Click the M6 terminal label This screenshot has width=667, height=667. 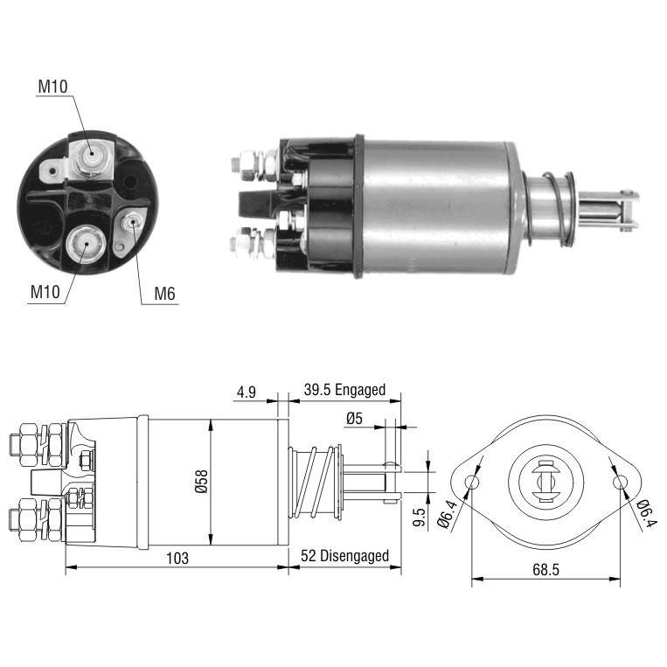(164, 294)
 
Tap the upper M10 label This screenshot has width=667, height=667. (52, 87)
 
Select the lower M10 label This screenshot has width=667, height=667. (45, 292)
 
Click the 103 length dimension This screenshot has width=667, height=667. (177, 558)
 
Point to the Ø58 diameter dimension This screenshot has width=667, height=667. (201, 482)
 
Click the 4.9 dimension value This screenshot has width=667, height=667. (247, 392)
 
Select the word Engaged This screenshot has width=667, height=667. (360, 390)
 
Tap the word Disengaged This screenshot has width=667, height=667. (354, 556)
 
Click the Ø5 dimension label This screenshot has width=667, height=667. (354, 419)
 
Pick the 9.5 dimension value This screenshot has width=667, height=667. (420, 518)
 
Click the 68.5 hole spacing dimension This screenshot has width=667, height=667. (545, 570)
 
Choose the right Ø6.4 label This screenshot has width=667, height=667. (646, 513)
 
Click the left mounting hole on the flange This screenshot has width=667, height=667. (472, 483)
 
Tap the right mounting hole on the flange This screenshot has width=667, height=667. (620, 483)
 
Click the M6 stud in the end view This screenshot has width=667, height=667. (131, 222)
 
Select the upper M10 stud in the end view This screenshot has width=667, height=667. (91, 156)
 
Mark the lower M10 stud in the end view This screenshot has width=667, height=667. (87, 244)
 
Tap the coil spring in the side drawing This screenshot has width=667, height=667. (316, 482)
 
